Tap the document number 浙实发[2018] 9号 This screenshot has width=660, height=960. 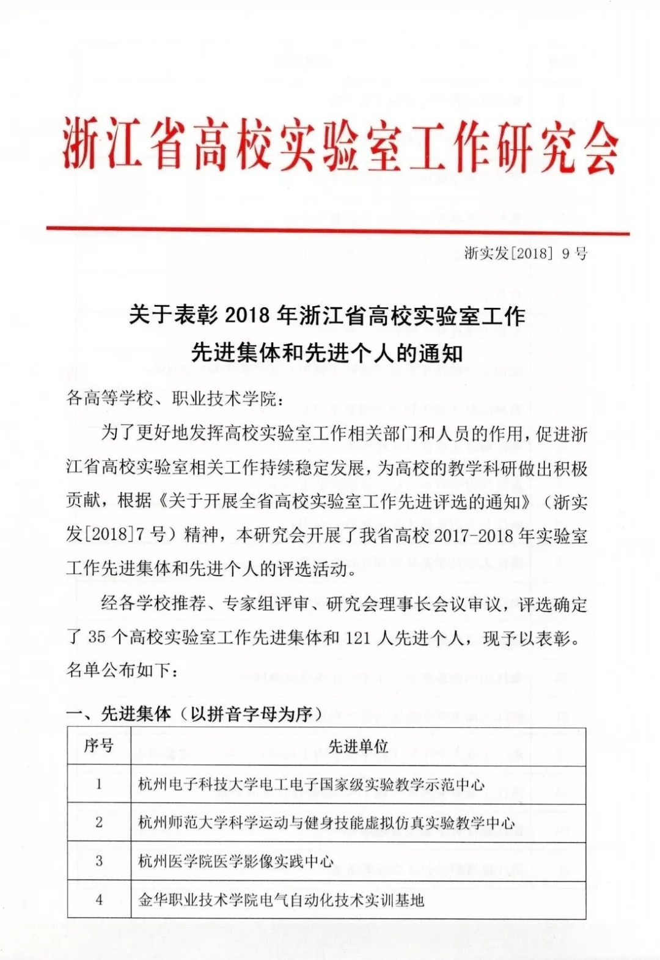pos(525,253)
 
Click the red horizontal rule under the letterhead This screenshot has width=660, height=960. pos(337,230)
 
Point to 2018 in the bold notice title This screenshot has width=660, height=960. pos(248,316)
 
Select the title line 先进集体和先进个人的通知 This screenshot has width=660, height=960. pos(327,353)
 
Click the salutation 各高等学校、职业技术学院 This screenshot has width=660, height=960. pos(175,398)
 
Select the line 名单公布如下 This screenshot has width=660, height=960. pos(122,670)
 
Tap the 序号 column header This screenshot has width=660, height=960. pos(98,746)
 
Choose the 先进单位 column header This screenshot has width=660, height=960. pos(358,746)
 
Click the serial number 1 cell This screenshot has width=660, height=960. pos(99,784)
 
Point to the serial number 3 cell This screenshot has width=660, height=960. pos(99,861)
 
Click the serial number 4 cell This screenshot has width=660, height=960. pos(99,900)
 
